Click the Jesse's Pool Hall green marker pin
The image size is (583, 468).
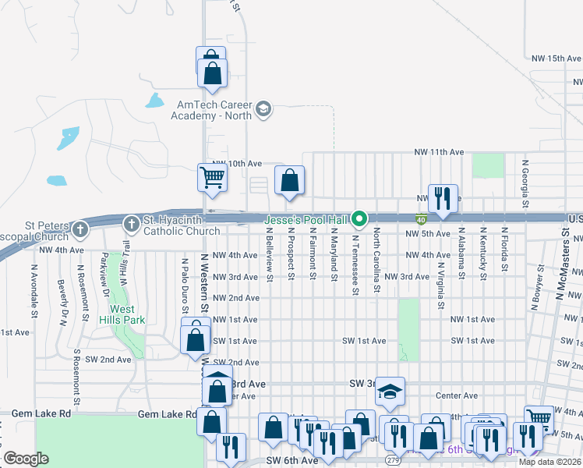(x=359, y=218)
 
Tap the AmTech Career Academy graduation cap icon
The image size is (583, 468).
(x=263, y=108)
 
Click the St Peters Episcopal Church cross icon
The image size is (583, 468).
(x=82, y=229)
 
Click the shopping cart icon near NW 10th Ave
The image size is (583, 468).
(x=212, y=178)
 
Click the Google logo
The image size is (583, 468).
(x=26, y=459)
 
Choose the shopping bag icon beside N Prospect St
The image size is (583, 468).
(x=289, y=181)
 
